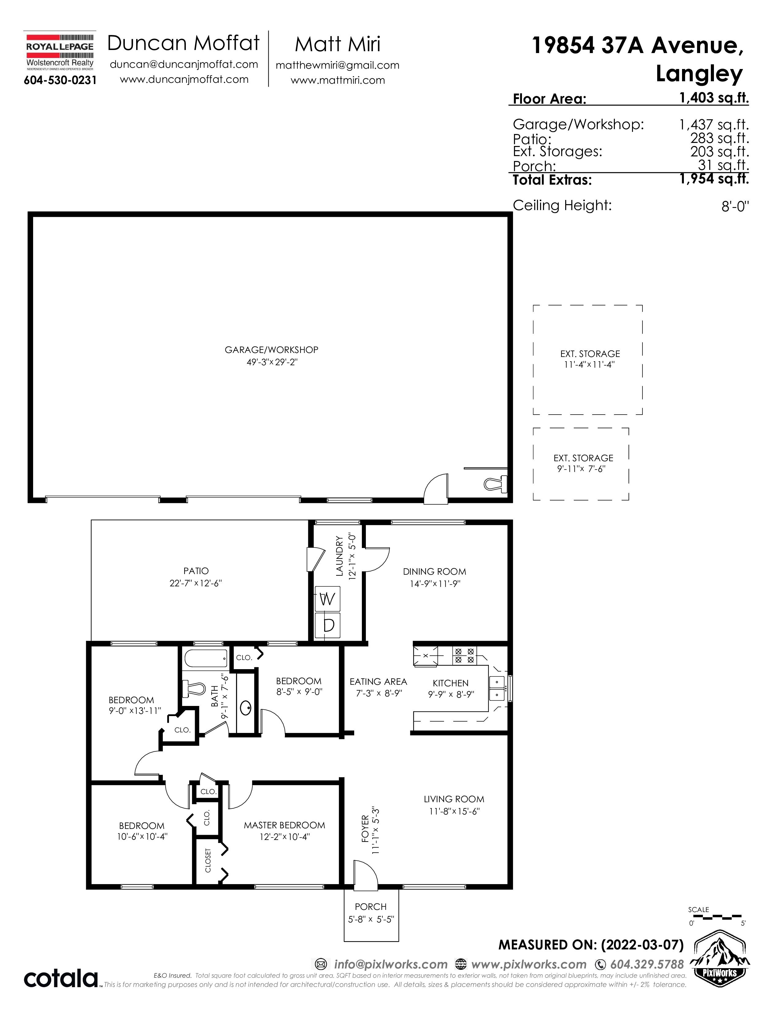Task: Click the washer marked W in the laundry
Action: click(328, 599)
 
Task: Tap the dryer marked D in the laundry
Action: click(328, 625)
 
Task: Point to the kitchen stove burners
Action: click(464, 655)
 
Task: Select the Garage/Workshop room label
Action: click(271, 350)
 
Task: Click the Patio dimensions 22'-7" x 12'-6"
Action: click(196, 583)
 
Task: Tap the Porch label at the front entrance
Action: click(371, 906)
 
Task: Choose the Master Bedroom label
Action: click(285, 825)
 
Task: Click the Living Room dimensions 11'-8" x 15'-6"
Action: click(454, 811)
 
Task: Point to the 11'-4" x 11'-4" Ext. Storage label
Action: click(590, 359)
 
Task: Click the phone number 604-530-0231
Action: click(60, 80)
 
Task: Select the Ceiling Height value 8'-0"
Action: click(735, 206)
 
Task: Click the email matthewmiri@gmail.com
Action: click(338, 65)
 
